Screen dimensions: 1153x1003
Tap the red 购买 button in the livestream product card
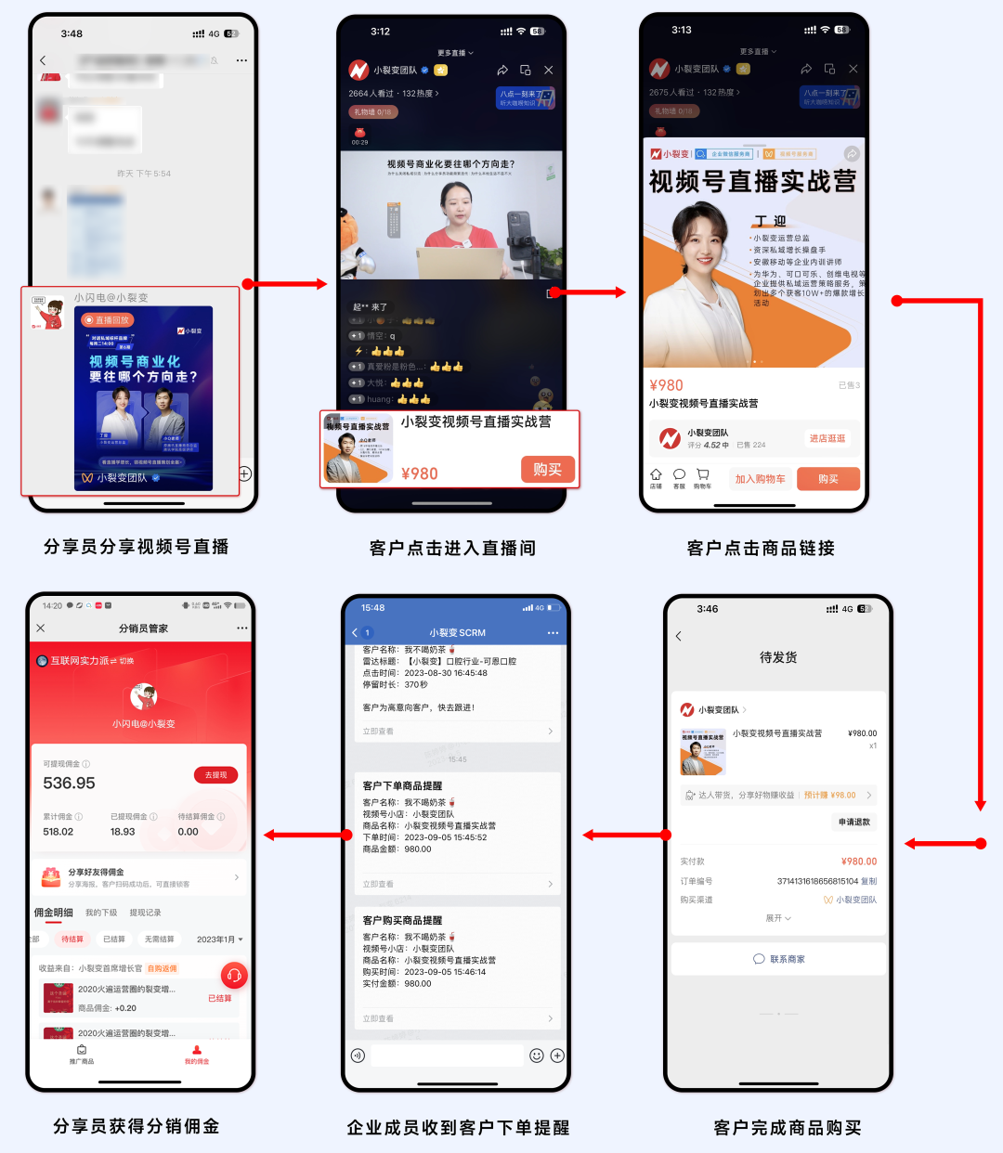tap(548, 470)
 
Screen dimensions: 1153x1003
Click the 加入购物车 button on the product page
tap(760, 479)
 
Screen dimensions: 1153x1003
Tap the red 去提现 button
tap(215, 775)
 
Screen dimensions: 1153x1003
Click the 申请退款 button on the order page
tap(853, 823)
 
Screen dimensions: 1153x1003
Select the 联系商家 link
tap(778, 959)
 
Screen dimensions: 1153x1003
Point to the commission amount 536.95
tap(70, 784)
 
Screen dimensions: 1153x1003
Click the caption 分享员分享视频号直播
tap(137, 547)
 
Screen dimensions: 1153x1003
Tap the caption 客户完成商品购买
tap(788, 1127)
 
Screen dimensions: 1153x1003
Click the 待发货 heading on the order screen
tap(778, 657)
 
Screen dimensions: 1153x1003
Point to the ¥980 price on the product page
tap(666, 385)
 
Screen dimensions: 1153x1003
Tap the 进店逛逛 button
tap(827, 438)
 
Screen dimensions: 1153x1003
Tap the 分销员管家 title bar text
tap(143, 628)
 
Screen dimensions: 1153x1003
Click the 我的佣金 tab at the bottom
tap(197, 1055)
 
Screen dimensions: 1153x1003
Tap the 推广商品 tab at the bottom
tap(82, 1055)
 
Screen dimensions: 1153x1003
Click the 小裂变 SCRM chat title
tap(457, 633)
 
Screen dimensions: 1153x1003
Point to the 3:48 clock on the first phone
tap(72, 34)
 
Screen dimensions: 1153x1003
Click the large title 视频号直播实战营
tap(752, 182)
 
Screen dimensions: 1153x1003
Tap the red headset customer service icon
tap(234, 975)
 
